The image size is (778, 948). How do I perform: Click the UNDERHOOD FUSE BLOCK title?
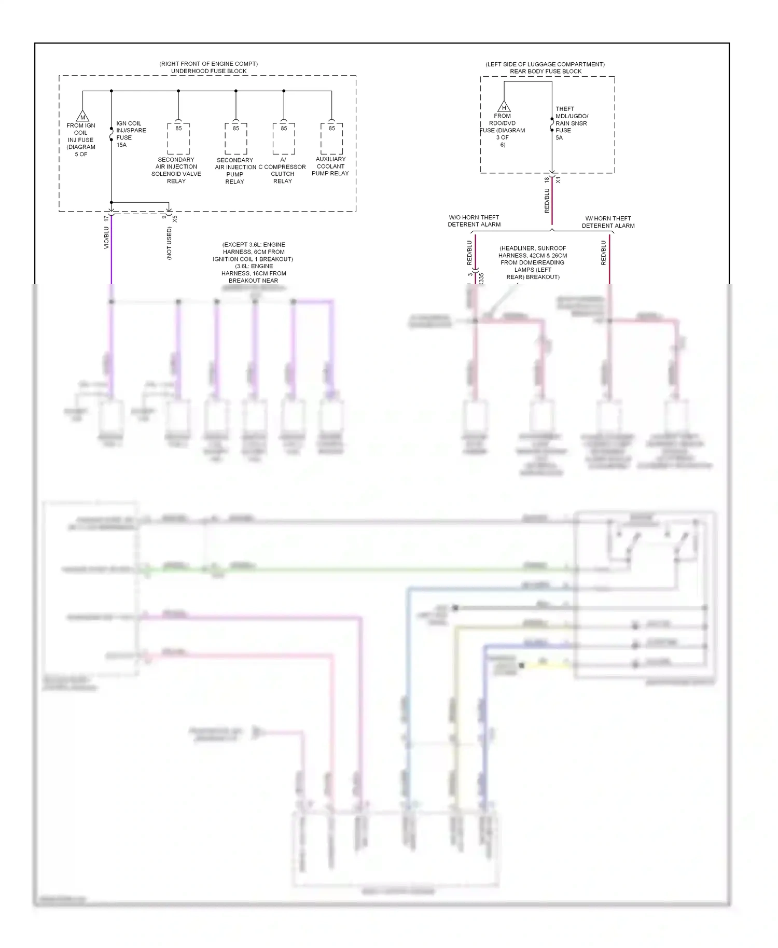point(209,71)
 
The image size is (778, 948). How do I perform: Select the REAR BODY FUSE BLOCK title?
point(545,72)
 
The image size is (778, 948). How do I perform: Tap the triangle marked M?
point(82,116)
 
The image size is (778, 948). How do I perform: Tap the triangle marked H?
point(504,107)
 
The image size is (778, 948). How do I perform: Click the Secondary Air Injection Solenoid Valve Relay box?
point(178,138)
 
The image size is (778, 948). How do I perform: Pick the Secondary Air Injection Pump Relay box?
point(235,138)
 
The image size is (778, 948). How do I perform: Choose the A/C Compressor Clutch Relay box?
point(284,138)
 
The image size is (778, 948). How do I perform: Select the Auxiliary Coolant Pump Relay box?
point(331,138)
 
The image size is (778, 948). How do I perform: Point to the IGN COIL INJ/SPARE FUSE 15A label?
point(130,134)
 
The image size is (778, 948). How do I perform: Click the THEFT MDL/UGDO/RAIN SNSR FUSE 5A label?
point(571,123)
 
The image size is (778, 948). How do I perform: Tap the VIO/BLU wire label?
point(106,237)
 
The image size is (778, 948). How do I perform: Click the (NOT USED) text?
point(169,243)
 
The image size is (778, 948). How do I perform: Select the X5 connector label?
point(175,219)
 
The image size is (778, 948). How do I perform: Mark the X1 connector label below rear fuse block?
point(559,180)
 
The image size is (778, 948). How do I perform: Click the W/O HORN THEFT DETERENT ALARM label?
point(474,221)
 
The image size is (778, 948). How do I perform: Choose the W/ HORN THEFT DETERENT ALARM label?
point(608,222)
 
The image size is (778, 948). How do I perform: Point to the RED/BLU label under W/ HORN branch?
point(603,253)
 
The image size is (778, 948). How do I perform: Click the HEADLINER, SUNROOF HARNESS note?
point(533,262)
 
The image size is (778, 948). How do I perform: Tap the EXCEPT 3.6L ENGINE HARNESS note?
point(253,262)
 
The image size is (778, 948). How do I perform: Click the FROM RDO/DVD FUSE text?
point(502,130)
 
